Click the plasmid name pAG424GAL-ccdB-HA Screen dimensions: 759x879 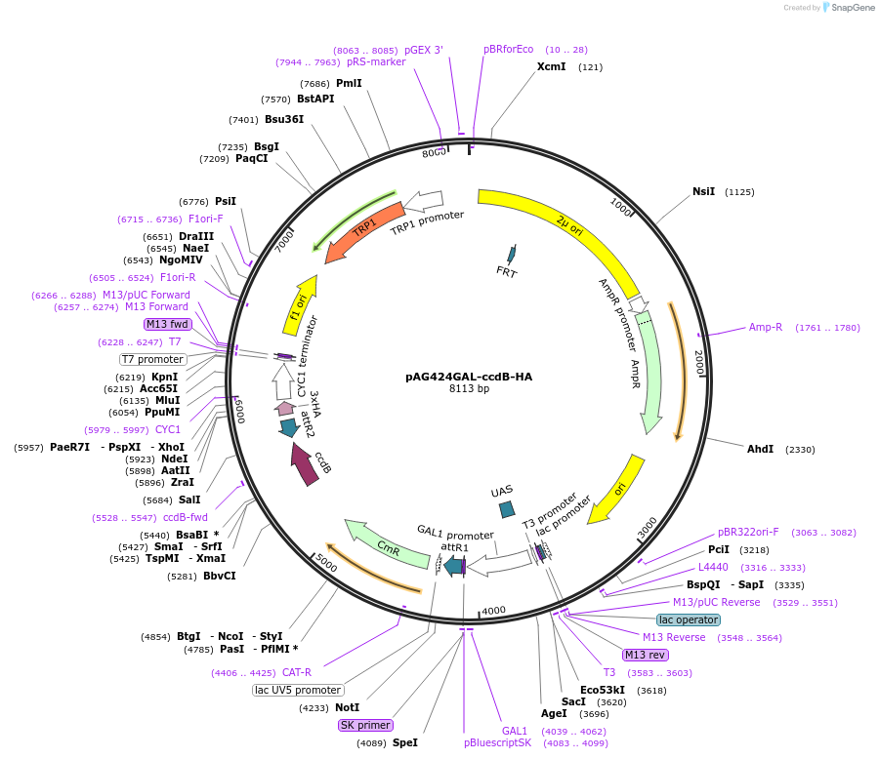click(x=469, y=377)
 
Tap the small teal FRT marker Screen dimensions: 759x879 click(x=509, y=256)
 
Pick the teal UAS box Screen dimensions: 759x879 click(x=506, y=509)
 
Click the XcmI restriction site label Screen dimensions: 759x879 click(x=551, y=67)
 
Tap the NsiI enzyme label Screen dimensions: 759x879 click(x=703, y=192)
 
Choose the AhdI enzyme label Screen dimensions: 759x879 click(x=760, y=450)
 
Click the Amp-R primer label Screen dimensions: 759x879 click(x=766, y=328)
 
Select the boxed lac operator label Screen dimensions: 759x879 click(x=688, y=619)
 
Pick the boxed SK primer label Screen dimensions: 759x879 click(x=365, y=725)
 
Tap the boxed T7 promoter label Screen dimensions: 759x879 click(x=152, y=359)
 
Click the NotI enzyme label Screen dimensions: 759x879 click(x=347, y=708)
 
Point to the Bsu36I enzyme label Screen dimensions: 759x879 click(x=284, y=120)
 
